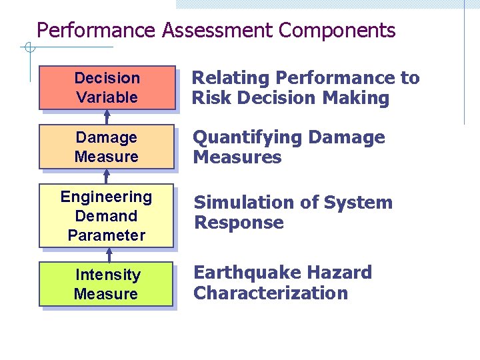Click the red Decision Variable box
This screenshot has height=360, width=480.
(107, 87)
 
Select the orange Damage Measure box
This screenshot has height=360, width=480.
(107, 147)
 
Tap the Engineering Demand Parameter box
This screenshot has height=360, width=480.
(107, 215)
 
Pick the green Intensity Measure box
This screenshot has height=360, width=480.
(107, 284)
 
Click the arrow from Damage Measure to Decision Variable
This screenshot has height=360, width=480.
(107, 117)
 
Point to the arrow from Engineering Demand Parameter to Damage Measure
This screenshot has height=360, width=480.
(107, 176)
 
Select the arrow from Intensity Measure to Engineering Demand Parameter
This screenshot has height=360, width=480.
(109, 255)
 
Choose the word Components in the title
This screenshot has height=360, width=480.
(337, 31)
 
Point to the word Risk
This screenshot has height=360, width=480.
(211, 99)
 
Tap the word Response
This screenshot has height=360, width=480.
(239, 223)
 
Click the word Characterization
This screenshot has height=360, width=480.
(271, 293)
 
